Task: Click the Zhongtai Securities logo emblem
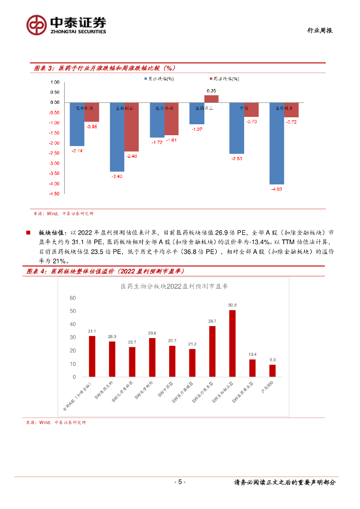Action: tap(37, 24)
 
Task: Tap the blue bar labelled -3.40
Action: tap(117, 137)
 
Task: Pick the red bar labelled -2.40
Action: tap(131, 127)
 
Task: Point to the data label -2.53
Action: tap(236, 159)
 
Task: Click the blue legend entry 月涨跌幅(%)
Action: tap(159, 79)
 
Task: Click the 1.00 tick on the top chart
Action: tap(55, 82)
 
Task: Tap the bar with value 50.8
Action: tap(232, 343)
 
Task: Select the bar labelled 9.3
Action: tap(272, 371)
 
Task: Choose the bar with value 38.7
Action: tap(212, 351)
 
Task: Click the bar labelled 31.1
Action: tap(92, 356)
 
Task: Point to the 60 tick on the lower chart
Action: tap(73, 298)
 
